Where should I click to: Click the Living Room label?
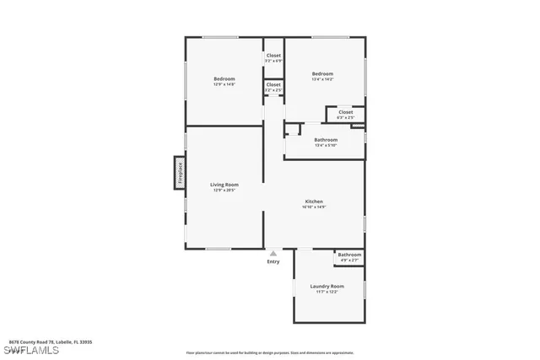[x=224, y=185]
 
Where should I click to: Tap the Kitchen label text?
[x=314, y=201]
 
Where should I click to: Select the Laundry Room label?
[x=327, y=286]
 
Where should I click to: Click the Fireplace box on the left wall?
[x=179, y=174]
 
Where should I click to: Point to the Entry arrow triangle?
[x=273, y=252]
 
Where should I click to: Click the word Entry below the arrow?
[x=273, y=261]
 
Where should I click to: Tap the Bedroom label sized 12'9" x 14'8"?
[x=224, y=78]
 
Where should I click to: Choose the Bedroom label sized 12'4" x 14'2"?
[x=322, y=73]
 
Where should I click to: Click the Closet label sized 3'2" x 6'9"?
[x=273, y=56]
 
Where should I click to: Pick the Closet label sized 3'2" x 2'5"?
[x=273, y=84]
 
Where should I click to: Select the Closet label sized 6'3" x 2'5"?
[x=346, y=111]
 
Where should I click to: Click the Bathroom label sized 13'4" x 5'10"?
[x=326, y=139]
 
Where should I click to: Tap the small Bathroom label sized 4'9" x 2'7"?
[x=349, y=255]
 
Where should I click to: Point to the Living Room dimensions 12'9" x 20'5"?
[x=224, y=191]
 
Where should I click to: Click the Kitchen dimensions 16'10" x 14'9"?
[x=314, y=207]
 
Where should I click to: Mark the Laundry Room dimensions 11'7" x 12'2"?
[x=327, y=292]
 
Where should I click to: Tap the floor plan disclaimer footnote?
[x=269, y=352]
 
